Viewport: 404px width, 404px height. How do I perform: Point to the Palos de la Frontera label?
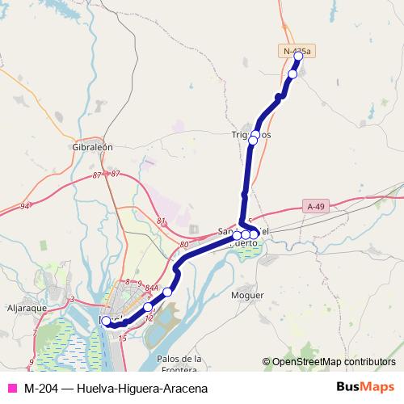[180, 364]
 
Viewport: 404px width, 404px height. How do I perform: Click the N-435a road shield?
[297, 51]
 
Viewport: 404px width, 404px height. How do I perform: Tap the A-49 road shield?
[318, 207]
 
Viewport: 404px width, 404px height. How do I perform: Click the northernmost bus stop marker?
[298, 56]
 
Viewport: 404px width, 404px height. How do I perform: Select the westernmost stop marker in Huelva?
[106, 321]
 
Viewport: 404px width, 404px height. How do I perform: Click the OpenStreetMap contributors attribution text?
[333, 362]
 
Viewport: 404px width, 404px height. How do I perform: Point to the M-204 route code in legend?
[40, 389]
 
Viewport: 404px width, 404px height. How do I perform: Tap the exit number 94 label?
[25, 207]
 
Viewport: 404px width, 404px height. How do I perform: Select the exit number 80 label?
[184, 244]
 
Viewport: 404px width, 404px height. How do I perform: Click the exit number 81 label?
[162, 221]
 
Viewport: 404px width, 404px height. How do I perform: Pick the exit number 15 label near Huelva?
[122, 339]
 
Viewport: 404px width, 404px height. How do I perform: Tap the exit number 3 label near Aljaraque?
[72, 299]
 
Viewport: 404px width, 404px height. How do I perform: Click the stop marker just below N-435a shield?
[292, 74]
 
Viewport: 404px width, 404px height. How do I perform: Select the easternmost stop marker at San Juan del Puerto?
[254, 234]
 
